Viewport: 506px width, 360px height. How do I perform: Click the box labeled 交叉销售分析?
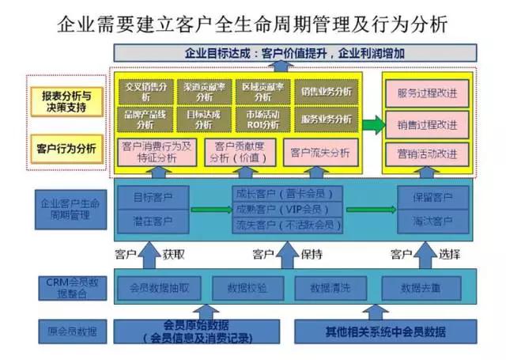[146, 92]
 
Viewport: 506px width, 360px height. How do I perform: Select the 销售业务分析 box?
[325, 92]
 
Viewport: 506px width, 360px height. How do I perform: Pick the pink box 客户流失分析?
[319, 151]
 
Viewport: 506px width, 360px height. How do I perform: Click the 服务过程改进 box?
[427, 94]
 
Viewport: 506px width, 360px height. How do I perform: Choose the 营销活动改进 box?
[427, 153]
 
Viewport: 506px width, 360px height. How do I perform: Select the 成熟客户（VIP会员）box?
[289, 209]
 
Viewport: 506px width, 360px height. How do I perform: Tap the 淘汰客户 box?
[432, 220]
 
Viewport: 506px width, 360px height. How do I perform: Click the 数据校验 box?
[247, 286]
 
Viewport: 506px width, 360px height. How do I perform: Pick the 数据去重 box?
[420, 286]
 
